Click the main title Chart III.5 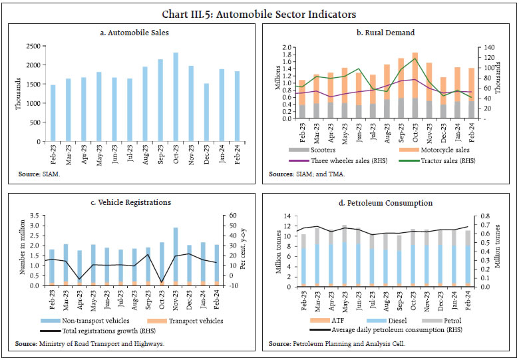[259, 13]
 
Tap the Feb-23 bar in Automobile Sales [53, 113]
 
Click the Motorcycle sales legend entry [432, 150]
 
